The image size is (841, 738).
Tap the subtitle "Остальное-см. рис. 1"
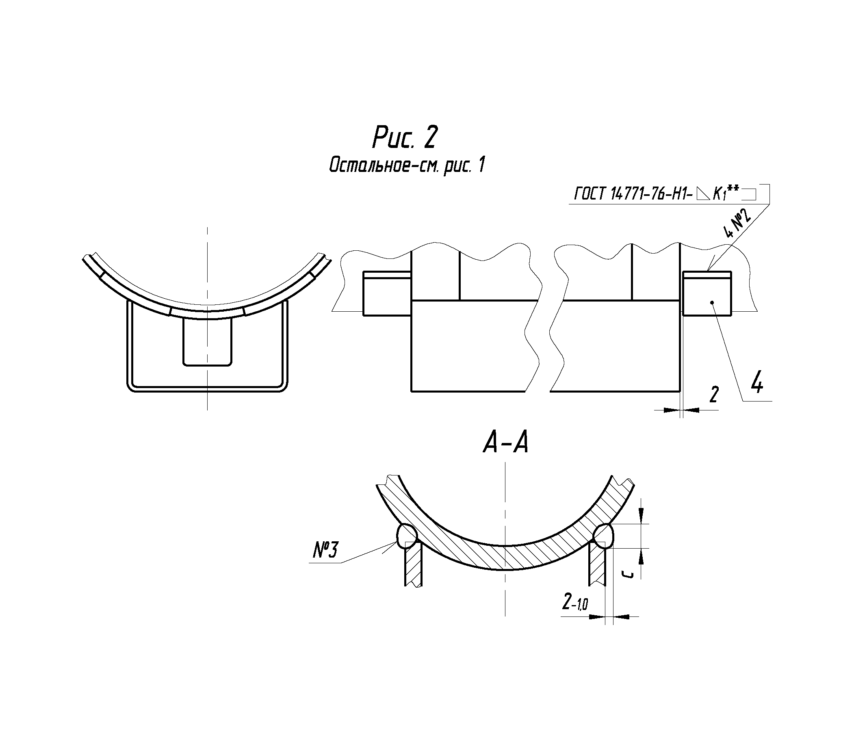407,166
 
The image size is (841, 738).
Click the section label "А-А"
505,444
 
